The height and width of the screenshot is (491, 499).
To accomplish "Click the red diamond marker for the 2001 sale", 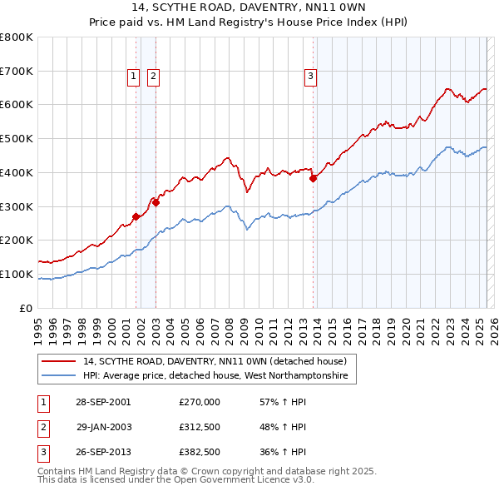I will tap(136, 216).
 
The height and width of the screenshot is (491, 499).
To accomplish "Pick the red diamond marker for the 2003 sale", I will tap(156, 201).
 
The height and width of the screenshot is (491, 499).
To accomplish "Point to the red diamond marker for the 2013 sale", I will tap(314, 177).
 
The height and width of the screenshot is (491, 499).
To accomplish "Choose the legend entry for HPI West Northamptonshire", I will tap(219, 376).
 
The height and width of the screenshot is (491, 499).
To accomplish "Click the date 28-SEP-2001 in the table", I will tap(103, 401).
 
